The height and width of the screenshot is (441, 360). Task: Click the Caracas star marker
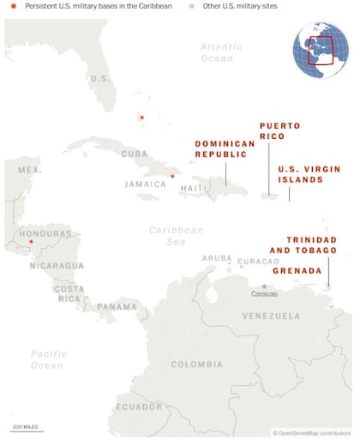point(264,286)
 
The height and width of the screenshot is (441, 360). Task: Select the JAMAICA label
point(145,184)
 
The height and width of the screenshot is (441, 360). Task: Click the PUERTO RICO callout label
point(279,131)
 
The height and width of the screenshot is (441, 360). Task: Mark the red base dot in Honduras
point(31,242)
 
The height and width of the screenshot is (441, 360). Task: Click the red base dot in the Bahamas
point(142,118)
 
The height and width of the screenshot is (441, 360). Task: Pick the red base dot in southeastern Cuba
point(172,176)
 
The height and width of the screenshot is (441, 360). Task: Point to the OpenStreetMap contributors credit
point(311,433)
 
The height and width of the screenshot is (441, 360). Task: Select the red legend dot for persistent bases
point(13,7)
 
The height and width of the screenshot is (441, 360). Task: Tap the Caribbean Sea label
point(176,236)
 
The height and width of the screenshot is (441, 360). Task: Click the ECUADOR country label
point(138,407)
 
